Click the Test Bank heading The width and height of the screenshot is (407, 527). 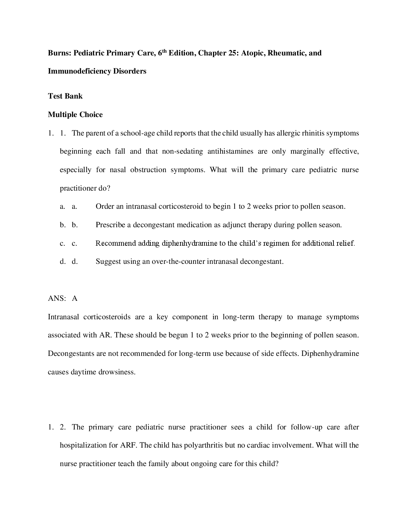point(65,96)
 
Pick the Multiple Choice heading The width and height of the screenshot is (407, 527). point(75,115)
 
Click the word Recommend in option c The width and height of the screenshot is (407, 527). point(116,243)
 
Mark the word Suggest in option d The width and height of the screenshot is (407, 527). point(108,261)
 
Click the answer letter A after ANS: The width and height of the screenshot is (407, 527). point(75,298)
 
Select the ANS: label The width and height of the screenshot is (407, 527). point(57,298)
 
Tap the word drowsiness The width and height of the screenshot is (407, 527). point(117,372)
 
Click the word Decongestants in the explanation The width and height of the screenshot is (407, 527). point(71,354)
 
